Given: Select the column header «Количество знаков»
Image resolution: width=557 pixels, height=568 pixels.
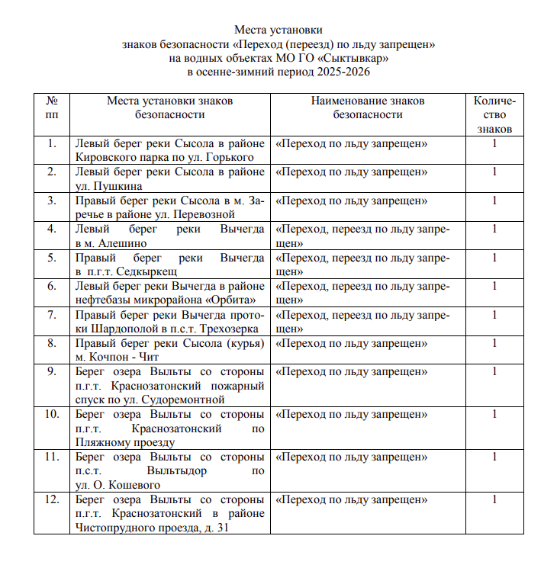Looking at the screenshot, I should (x=494, y=114).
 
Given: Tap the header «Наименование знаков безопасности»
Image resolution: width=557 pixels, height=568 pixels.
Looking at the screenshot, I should (x=368, y=108).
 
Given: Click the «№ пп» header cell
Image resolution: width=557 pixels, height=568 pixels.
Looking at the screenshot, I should (x=52, y=108).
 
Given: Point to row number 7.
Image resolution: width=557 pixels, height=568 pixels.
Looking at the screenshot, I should (x=52, y=314).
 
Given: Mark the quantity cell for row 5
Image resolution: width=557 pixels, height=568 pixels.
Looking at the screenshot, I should (x=494, y=258).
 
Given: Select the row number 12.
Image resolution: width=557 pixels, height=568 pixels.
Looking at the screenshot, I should (x=52, y=500).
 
